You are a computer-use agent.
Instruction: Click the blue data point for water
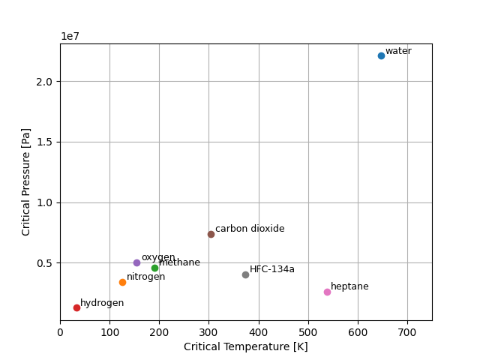point(381,55)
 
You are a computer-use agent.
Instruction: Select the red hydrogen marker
point(76,307)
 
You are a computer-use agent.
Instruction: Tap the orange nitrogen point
point(122,282)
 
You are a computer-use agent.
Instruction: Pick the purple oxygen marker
point(136,262)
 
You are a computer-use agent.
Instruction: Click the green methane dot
point(154,268)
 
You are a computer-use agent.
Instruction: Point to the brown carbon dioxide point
point(211,234)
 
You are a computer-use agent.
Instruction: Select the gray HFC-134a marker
point(245,274)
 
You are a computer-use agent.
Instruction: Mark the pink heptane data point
point(327,292)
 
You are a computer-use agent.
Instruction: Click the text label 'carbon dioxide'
point(250,229)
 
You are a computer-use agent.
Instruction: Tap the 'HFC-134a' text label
point(271,269)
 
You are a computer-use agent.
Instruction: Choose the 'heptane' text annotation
point(349,286)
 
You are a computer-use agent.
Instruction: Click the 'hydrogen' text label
point(102,303)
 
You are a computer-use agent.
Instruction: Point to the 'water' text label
point(398,51)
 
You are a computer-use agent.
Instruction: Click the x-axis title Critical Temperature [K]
point(246,346)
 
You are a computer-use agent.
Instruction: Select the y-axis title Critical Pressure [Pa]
point(26,181)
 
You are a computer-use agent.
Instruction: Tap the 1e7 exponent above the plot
point(70,36)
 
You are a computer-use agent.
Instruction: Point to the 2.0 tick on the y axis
point(45,81)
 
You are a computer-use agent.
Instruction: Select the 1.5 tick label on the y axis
point(45,142)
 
